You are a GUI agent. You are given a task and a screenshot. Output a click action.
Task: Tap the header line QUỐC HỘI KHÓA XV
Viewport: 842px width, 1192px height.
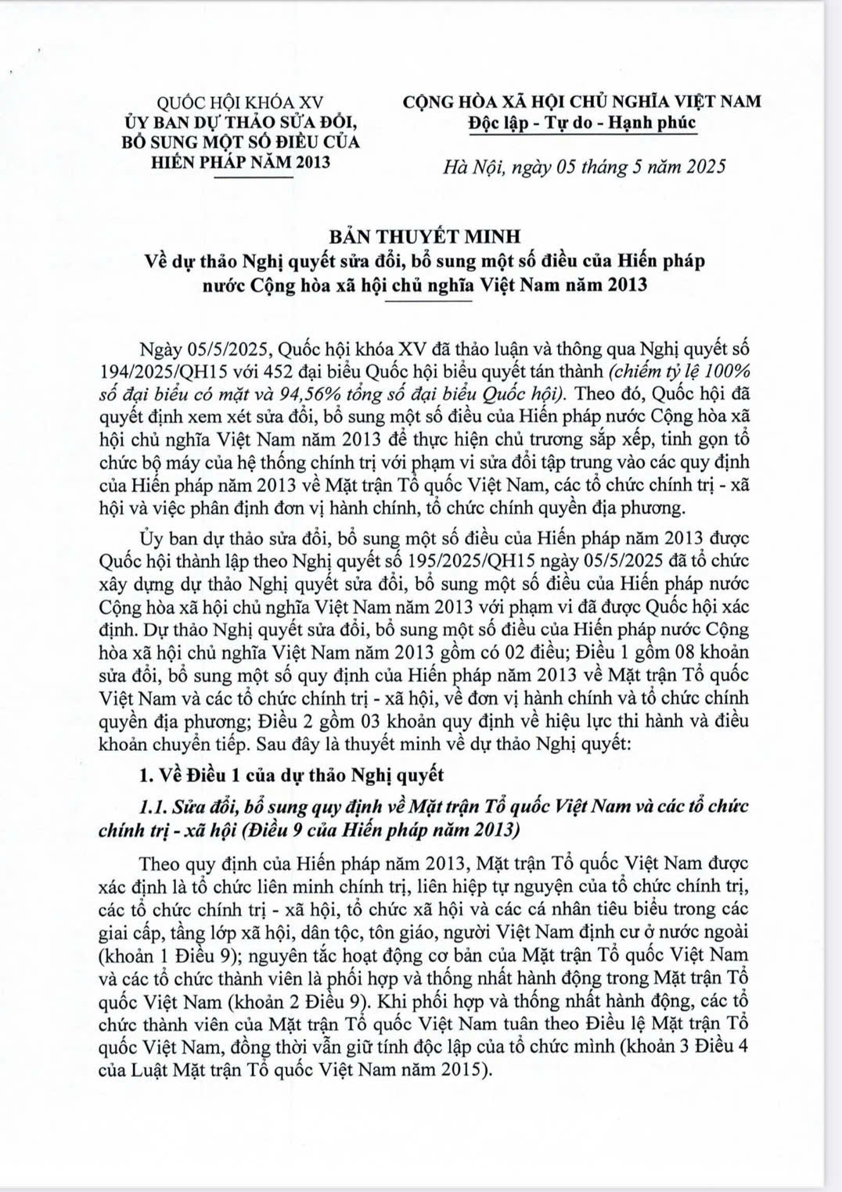pyautogui.click(x=240, y=102)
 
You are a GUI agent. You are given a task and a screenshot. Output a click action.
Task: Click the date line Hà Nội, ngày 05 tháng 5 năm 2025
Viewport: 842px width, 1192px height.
pyautogui.click(x=584, y=167)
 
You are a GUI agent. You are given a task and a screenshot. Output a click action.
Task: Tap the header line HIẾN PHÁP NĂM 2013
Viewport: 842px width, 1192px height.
pyautogui.click(x=240, y=162)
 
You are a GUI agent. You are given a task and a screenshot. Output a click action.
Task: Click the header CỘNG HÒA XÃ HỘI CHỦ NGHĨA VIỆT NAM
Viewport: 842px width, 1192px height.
pyautogui.click(x=582, y=102)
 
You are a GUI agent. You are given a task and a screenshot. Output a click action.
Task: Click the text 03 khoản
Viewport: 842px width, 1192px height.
pyautogui.click(x=371, y=720)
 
